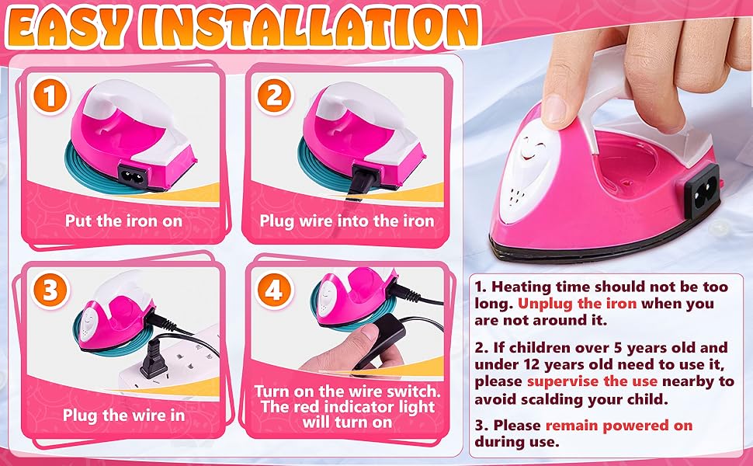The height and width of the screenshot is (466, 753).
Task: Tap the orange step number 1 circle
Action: (x=50, y=99)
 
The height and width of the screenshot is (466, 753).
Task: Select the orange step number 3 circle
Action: (x=50, y=290)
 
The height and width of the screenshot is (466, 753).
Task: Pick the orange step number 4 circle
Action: (x=273, y=290)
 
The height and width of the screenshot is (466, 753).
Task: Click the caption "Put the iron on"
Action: (x=124, y=221)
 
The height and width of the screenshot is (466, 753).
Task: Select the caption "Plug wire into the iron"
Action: (x=346, y=221)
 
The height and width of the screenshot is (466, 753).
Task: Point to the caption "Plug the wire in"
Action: (x=124, y=415)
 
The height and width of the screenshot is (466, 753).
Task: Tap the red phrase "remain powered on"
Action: (x=619, y=426)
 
